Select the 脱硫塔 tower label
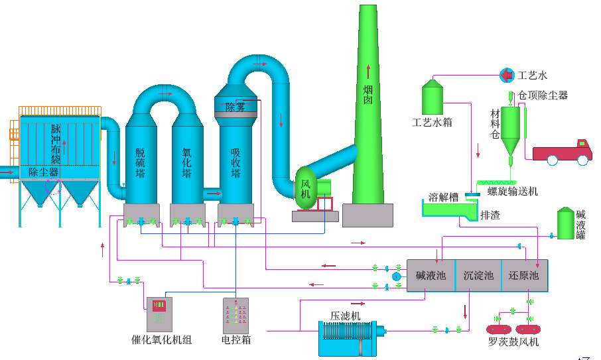140,162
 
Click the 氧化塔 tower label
187,162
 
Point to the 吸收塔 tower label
235,163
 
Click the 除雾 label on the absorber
235,107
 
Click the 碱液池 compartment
431,276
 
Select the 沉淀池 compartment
478,276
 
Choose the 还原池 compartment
524,276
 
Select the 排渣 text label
490,215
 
